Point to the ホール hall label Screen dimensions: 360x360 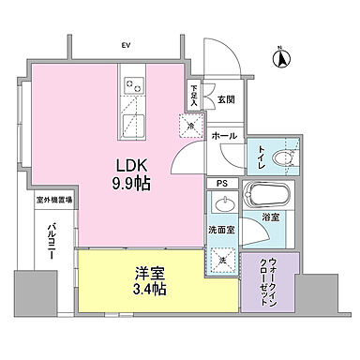tap(224, 136)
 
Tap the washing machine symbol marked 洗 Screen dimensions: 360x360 tap(224, 255)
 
